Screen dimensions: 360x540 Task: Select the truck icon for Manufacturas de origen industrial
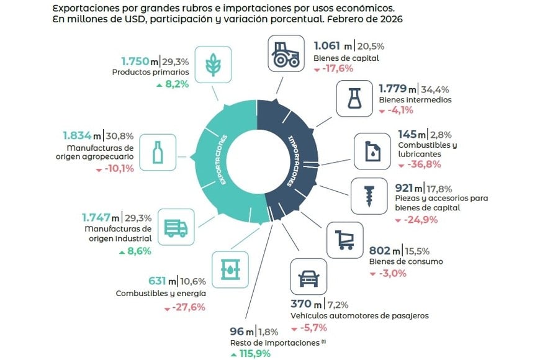click(x=176, y=228)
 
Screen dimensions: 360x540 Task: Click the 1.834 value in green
click(x=77, y=135)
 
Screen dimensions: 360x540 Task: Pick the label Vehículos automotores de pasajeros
click(x=359, y=315)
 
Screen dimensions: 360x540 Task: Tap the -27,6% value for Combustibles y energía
click(x=187, y=307)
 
